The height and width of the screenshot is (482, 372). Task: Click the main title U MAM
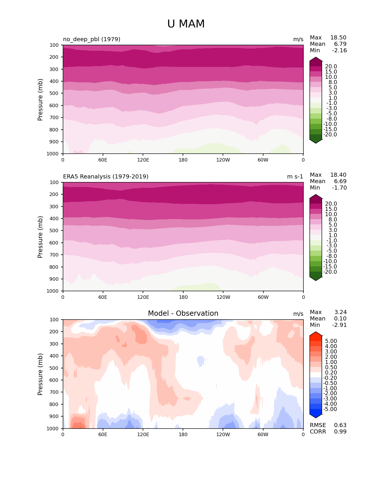(x=186, y=24)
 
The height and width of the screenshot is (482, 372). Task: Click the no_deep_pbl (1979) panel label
(x=92, y=39)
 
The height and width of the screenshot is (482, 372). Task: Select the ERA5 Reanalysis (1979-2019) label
(x=106, y=176)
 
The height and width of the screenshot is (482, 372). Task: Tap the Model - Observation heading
(x=183, y=313)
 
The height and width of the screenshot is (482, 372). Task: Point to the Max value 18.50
(x=338, y=38)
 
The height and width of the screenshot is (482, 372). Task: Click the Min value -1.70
(x=339, y=188)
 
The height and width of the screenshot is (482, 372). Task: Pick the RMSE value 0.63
(x=340, y=425)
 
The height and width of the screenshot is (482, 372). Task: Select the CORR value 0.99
(x=340, y=432)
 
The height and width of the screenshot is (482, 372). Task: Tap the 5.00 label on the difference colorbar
(x=331, y=341)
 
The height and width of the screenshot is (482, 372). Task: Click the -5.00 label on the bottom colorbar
(x=330, y=409)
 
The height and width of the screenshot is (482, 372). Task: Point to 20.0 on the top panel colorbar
(x=331, y=67)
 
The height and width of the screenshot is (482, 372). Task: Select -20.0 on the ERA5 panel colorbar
(x=330, y=272)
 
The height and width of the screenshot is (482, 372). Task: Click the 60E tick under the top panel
(x=103, y=160)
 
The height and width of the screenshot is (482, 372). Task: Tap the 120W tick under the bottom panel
(x=223, y=434)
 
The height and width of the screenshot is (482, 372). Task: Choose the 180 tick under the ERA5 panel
(x=183, y=297)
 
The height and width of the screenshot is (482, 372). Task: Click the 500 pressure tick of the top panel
(x=54, y=93)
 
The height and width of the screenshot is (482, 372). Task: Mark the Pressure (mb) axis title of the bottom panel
(x=40, y=374)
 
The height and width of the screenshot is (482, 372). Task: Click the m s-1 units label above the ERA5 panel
(x=295, y=176)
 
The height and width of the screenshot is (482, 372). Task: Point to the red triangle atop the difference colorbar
(x=316, y=334)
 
